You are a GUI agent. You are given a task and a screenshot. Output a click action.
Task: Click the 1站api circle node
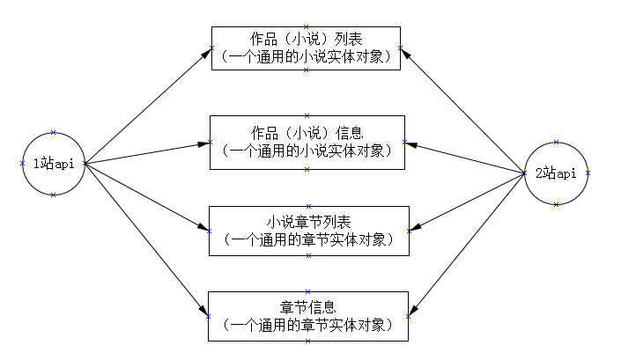(53, 163)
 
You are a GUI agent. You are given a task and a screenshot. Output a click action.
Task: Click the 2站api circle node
(556, 173)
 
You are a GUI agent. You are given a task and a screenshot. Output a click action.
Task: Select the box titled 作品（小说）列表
(306, 48)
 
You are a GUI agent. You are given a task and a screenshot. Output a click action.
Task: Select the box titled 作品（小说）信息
(306, 142)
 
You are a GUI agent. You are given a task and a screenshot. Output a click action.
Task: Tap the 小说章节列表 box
(308, 231)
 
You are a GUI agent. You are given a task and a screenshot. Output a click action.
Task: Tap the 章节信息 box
(307, 316)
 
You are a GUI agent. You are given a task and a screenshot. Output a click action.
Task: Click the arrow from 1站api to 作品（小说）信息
(146, 152)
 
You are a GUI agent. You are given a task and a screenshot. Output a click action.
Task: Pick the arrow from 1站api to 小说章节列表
(146, 197)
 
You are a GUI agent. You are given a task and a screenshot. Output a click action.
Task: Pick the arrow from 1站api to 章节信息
(146, 239)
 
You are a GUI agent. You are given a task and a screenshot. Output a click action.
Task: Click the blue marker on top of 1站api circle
(53, 132)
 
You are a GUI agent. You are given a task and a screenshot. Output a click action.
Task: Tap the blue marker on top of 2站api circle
(556, 141)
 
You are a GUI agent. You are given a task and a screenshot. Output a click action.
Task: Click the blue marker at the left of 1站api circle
(22, 163)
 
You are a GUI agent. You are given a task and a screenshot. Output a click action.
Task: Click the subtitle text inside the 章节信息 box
(307, 325)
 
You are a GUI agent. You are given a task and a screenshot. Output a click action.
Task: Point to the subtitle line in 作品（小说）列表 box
(306, 56)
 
